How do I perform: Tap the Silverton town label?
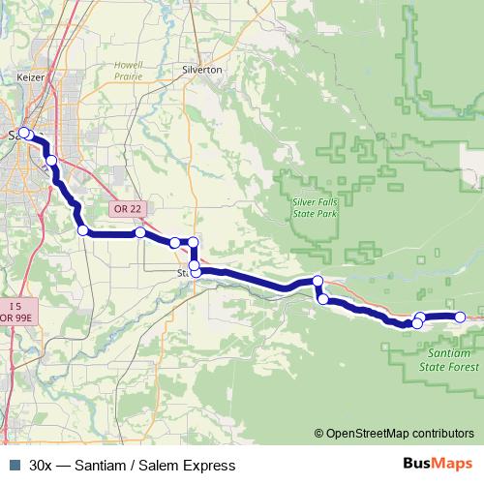coord(202,71)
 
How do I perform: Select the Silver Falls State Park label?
coord(315,207)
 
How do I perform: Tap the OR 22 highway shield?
coord(129,208)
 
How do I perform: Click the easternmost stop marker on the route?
coord(461,317)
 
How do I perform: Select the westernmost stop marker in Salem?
coord(24,134)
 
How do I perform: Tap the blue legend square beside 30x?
coord(14,466)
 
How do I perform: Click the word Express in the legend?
coord(208,466)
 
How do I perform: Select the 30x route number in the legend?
coord(42,466)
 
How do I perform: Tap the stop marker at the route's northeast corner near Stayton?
coord(193,242)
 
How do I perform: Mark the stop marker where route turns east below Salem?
coord(83,230)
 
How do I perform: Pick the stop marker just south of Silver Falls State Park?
coord(318,282)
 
